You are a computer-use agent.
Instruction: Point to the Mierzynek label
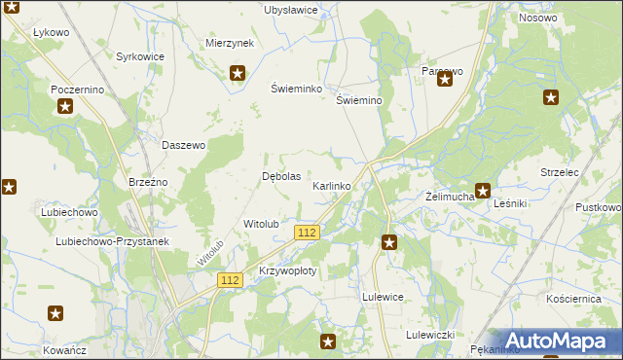point(230,44)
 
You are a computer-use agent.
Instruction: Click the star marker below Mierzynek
point(237,72)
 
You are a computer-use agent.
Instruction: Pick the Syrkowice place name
point(140,57)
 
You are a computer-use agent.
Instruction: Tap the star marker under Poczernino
point(64,106)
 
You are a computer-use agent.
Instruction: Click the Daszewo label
point(183,145)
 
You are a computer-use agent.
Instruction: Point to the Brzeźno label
point(149,182)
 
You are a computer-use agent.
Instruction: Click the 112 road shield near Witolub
point(308,232)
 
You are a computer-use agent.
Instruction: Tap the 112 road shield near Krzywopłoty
point(230,280)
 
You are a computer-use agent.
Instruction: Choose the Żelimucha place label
point(450,197)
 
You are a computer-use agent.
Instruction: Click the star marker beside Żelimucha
point(482,191)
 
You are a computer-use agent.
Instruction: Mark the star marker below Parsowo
point(445,80)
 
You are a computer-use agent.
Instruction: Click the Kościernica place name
point(573,300)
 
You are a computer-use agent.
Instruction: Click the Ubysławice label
point(291,10)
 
